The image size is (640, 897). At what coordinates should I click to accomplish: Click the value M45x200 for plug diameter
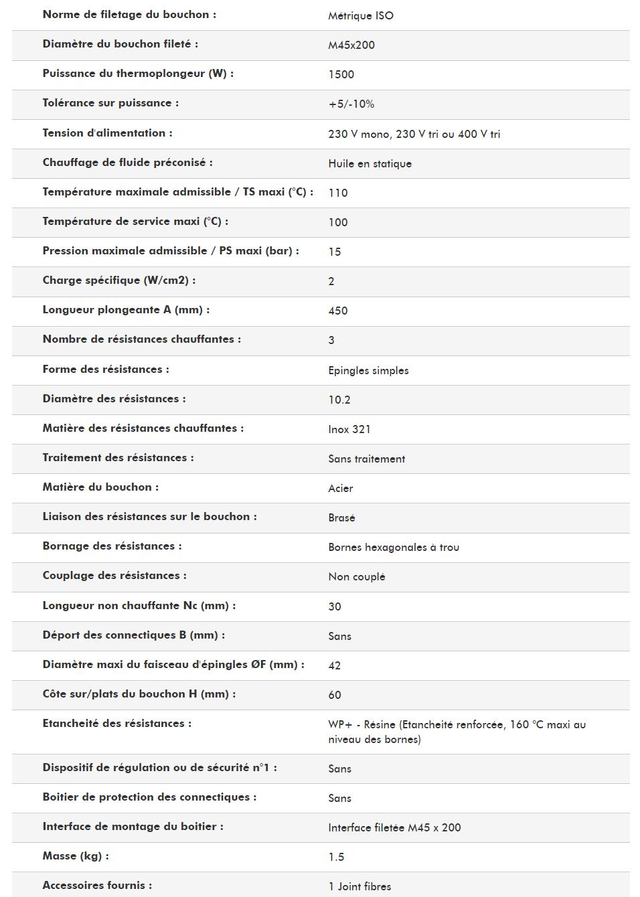click(x=351, y=46)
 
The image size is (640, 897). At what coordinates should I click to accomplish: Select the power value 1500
click(x=341, y=75)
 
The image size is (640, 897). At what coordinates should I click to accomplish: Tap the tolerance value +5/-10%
click(x=351, y=104)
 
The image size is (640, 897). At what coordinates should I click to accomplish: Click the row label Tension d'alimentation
click(x=107, y=133)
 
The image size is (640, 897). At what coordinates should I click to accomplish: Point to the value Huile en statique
click(x=370, y=164)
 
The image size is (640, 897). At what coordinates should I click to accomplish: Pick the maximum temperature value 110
click(x=337, y=193)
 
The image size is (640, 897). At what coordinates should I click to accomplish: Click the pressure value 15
click(x=334, y=252)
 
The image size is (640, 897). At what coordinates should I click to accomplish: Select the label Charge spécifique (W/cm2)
click(x=118, y=280)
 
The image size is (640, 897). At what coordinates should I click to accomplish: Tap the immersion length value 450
click(x=337, y=311)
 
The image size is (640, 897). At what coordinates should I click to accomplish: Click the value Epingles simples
click(x=368, y=371)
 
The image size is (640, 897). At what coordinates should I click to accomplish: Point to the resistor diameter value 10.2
click(x=339, y=400)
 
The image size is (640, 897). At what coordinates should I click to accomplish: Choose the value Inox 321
click(x=349, y=430)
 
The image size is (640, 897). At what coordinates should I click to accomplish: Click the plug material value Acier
click(x=340, y=489)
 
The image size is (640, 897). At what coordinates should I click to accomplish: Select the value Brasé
click(x=341, y=518)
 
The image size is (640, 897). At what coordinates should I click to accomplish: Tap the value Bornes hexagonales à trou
click(x=393, y=548)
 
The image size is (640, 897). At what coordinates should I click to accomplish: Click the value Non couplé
click(x=356, y=577)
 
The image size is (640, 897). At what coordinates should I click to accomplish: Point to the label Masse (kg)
click(x=75, y=856)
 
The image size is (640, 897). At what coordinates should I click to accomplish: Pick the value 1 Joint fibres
click(x=359, y=887)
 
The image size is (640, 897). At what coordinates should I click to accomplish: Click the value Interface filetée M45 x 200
click(x=394, y=828)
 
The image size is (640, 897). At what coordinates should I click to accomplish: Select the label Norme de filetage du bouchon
click(x=129, y=15)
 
